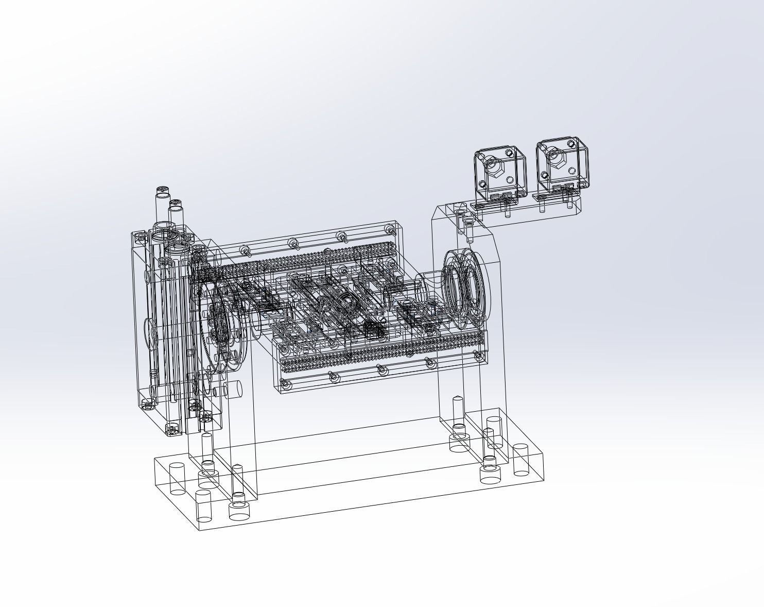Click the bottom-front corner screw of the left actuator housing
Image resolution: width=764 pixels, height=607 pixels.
tap(171, 428)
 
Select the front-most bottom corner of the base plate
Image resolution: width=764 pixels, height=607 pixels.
tap(199, 530)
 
